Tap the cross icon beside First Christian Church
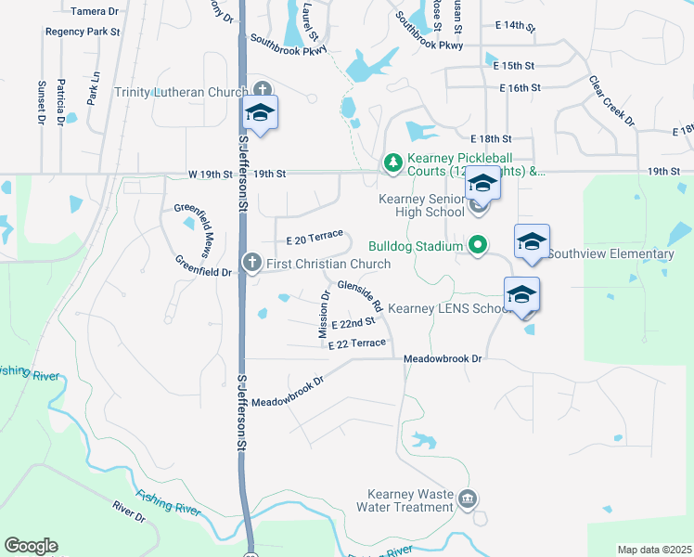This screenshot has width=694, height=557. (251, 264)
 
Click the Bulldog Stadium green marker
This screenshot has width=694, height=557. (478, 246)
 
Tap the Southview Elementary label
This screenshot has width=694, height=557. (610, 253)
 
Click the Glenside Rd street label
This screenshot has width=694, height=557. (360, 295)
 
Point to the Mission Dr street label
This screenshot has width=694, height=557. (325, 315)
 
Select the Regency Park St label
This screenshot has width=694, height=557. (84, 32)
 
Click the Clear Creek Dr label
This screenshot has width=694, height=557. (612, 100)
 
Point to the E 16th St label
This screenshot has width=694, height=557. (520, 87)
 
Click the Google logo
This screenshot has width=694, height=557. (31, 546)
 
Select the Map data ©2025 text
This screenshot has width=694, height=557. (654, 550)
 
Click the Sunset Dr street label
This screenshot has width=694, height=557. (42, 102)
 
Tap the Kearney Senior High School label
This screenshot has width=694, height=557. (421, 205)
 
